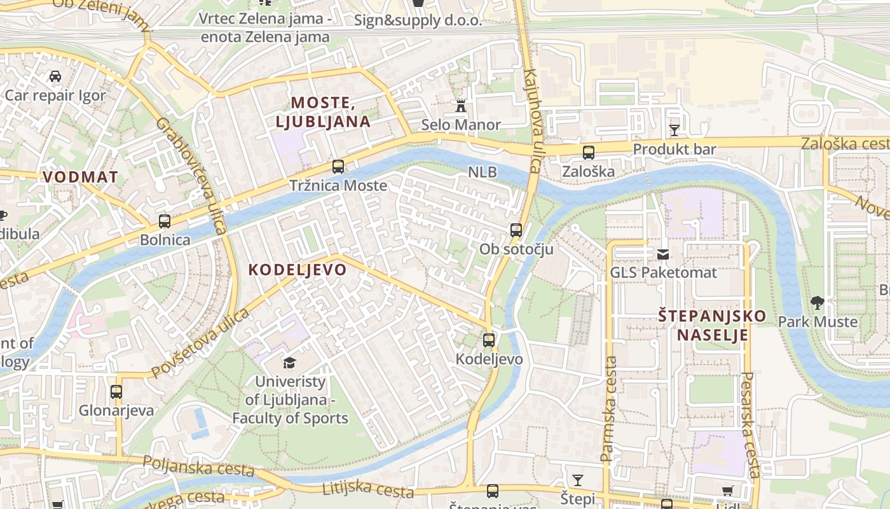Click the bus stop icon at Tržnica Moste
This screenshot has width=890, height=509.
tap(338, 167)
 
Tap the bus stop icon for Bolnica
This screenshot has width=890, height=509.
tap(165, 221)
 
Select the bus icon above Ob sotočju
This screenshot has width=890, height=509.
tap(516, 230)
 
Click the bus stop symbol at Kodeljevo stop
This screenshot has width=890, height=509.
tap(488, 340)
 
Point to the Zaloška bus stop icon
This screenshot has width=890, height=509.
tap(589, 153)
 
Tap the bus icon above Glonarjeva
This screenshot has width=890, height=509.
tap(116, 392)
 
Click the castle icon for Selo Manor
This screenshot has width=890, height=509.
tap(461, 106)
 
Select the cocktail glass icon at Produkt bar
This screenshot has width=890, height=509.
tap(674, 130)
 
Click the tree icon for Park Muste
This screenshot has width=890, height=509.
tap(818, 303)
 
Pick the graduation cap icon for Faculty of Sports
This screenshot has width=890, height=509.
tap(290, 363)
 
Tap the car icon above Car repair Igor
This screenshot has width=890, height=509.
tap(55, 77)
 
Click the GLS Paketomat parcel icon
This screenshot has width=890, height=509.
tap(663, 254)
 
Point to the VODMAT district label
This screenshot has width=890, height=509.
tap(81, 177)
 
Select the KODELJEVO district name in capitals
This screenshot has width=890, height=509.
tap(298, 270)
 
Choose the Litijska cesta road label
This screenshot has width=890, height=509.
tap(368, 489)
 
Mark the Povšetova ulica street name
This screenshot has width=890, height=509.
tap(200, 344)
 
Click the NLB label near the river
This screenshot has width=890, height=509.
tap(483, 172)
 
